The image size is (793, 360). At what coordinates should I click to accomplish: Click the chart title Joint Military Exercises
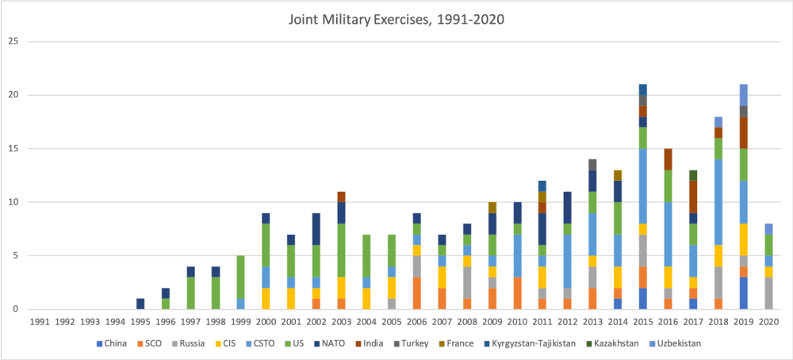(396, 18)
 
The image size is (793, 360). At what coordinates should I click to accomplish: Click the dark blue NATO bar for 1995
(140, 304)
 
